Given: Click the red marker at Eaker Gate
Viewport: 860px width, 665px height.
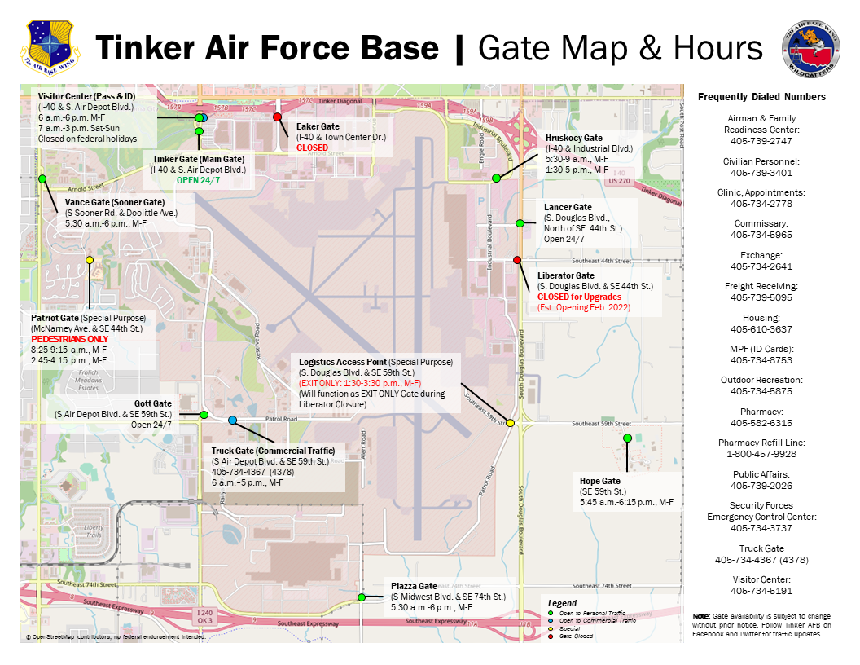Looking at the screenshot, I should coord(277,117).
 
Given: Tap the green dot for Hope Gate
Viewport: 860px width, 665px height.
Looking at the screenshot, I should coord(627,438).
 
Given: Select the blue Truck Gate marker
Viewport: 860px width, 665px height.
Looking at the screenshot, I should coord(232,421).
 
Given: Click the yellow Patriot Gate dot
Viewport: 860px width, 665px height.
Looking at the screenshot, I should coord(90,260).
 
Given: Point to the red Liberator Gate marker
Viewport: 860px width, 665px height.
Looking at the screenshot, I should coord(517,260).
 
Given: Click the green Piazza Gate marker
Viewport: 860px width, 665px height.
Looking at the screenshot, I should coord(361,597).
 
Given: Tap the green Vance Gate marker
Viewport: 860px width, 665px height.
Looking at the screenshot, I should coord(42,178).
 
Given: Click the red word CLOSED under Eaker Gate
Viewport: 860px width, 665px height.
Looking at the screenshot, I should coord(312,148).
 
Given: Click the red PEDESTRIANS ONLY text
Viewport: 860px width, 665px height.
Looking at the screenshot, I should coord(69,338).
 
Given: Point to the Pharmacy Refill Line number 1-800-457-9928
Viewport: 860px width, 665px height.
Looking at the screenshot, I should coord(761,453).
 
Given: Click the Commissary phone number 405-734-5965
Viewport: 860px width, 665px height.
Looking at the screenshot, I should coord(761,235).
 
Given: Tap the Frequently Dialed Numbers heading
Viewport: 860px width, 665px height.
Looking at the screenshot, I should coord(761,97).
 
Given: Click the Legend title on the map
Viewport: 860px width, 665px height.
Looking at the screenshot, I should coord(562,603).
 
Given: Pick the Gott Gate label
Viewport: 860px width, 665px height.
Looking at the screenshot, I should coord(153,403).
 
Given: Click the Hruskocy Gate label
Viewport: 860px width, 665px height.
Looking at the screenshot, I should coord(573,138).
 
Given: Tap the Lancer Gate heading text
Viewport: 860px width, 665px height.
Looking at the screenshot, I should coord(568,207).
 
